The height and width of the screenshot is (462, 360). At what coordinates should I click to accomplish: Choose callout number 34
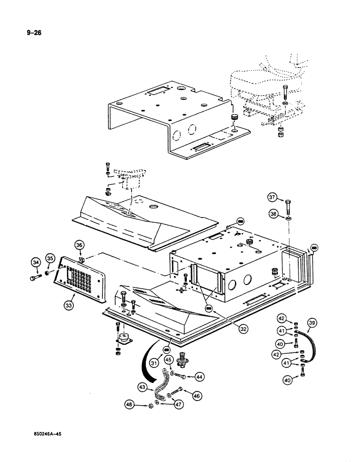(36, 263)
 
